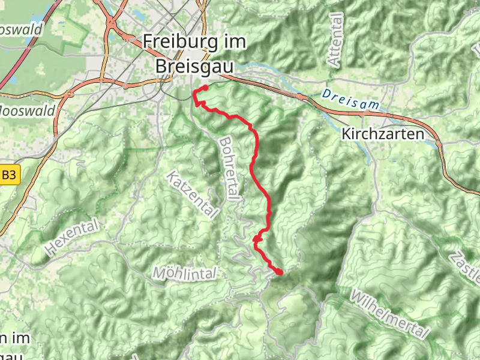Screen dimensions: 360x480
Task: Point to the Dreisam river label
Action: pyautogui.click(x=350, y=98)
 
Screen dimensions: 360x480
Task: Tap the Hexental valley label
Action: pyautogui.click(x=71, y=238)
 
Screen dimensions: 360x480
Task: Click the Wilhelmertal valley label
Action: pyautogui.click(x=391, y=315)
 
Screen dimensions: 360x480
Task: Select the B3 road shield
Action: pyautogui.click(x=9, y=176)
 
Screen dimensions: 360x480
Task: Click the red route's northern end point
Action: pyautogui.click(x=205, y=88)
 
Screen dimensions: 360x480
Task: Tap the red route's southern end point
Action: pyautogui.click(x=279, y=272)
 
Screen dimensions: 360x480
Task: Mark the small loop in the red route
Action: pyautogui.click(x=257, y=239)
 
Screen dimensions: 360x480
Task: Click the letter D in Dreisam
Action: pyautogui.click(x=326, y=94)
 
